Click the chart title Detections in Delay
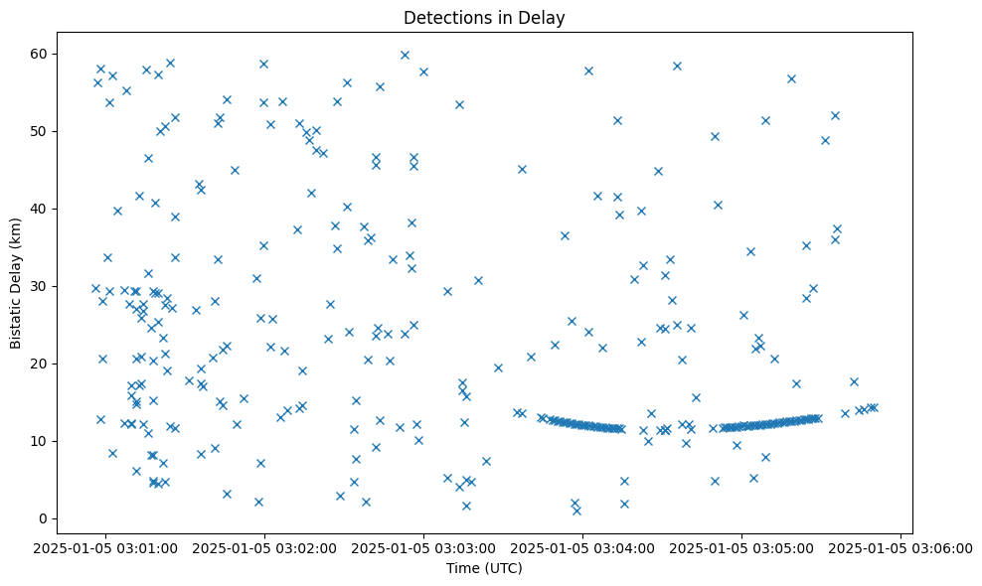[x=484, y=17]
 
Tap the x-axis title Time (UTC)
[x=484, y=568]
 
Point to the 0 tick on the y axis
[x=44, y=518]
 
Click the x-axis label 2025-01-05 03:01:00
[x=105, y=546]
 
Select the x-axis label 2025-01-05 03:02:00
[x=264, y=546]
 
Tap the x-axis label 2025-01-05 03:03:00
[x=423, y=546]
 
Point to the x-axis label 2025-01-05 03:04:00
[x=582, y=546]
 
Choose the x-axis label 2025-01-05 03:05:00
[x=741, y=546]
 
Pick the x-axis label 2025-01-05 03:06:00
[x=900, y=546]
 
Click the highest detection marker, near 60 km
[x=405, y=55]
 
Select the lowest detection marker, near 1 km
[x=576, y=511]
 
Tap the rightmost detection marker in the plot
[x=874, y=407]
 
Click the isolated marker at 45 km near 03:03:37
[x=522, y=169]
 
